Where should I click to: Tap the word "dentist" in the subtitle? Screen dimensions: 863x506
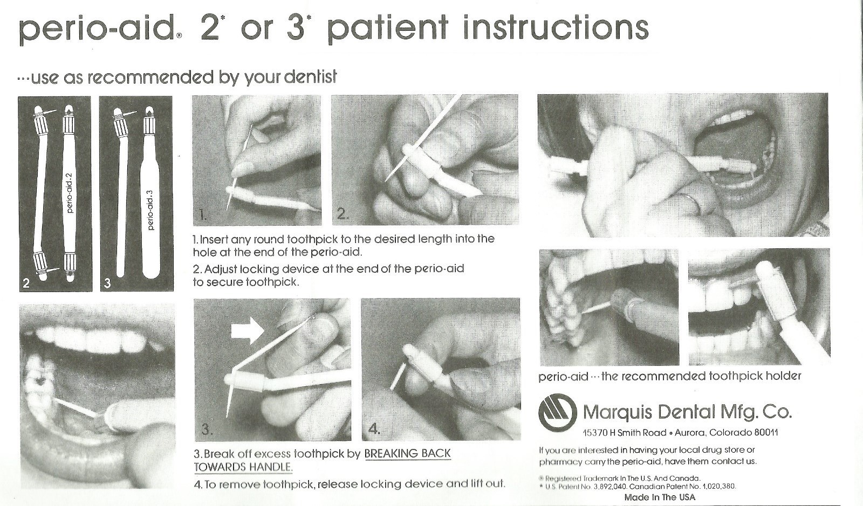[x=311, y=77]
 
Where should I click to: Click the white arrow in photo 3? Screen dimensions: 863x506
[x=247, y=330]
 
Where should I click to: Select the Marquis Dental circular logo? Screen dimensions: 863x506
[x=558, y=413]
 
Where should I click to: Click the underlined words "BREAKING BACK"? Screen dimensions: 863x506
[x=407, y=453]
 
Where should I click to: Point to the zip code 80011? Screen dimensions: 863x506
[x=766, y=432]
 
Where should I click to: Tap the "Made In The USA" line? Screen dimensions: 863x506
[x=660, y=497]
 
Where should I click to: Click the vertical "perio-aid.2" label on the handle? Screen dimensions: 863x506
[x=70, y=193]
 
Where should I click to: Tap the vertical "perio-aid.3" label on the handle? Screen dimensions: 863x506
[x=150, y=210]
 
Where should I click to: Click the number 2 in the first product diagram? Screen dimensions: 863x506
[x=26, y=283]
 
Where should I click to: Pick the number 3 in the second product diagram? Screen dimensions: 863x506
[x=107, y=283]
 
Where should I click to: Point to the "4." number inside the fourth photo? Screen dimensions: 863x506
[x=374, y=428]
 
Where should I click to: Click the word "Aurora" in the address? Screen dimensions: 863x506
[x=690, y=433]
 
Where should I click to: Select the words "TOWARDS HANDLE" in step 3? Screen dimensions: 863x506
[x=243, y=467]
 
